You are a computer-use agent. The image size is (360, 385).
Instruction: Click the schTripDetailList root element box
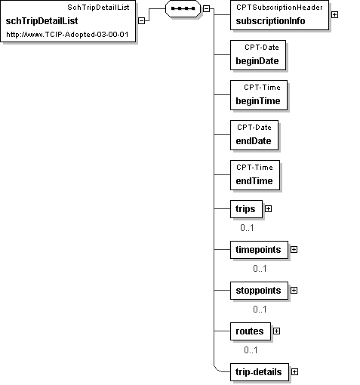tap(68, 21)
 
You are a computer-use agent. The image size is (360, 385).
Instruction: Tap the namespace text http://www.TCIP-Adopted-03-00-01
tap(67, 35)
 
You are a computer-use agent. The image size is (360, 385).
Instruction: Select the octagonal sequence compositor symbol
tap(183, 8)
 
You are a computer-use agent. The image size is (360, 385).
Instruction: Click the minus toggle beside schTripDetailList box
tap(142, 21)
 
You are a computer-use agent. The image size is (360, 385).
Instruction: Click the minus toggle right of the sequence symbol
tap(206, 9)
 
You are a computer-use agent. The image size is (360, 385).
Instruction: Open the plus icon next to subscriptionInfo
tap(334, 15)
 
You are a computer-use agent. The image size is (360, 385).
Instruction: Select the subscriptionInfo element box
tap(279, 15)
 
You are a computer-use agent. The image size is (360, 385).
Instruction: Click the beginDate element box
tap(258, 55)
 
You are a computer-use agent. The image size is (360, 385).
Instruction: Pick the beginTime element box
tap(259, 95)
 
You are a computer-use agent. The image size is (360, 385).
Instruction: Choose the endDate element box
tap(254, 135)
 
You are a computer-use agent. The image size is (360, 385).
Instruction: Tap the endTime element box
tap(255, 175)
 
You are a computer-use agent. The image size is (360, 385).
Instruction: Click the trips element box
tap(246, 209)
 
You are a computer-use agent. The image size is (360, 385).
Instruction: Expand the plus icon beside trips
tap(269, 209)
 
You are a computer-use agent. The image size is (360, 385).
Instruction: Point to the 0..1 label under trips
tap(247, 228)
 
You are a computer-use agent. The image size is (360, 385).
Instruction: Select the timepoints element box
tap(259, 250)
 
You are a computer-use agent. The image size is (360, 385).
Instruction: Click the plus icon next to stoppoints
tap(294, 291)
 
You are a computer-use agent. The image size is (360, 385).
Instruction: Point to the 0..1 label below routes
tap(251, 350)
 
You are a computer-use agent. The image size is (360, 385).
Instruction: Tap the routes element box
tap(251, 331)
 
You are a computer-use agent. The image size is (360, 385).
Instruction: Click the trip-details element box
tap(260, 372)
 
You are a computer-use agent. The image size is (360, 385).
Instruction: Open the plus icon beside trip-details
tap(294, 372)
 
